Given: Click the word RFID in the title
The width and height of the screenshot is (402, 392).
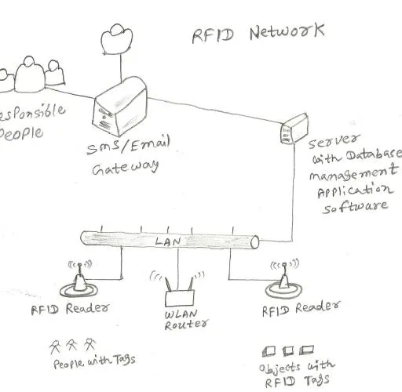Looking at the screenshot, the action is pyautogui.click(x=213, y=35).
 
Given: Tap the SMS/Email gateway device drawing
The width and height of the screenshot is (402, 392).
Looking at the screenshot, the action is pyautogui.click(x=120, y=107).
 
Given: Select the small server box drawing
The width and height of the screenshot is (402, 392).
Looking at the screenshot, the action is pyautogui.click(x=294, y=129).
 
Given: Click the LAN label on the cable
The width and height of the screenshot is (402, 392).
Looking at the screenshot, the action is pyautogui.click(x=168, y=241).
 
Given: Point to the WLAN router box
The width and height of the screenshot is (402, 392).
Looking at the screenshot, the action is pyautogui.click(x=180, y=298).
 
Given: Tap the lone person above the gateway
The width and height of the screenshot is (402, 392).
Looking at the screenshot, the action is pyautogui.click(x=117, y=39).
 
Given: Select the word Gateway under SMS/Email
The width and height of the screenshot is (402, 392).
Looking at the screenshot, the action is pyautogui.click(x=126, y=167).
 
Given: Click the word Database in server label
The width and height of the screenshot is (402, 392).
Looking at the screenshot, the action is pyautogui.click(x=374, y=154).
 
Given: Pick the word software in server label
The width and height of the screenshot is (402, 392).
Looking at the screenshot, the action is pyautogui.click(x=355, y=206).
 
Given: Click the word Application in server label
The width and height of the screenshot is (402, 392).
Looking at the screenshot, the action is pyautogui.click(x=356, y=191).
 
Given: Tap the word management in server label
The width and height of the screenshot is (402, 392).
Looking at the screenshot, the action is pyautogui.click(x=353, y=172).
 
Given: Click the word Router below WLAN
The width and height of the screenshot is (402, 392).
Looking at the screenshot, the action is pyautogui.click(x=187, y=325).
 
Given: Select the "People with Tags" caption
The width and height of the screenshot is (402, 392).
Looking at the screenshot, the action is pyautogui.click(x=94, y=361).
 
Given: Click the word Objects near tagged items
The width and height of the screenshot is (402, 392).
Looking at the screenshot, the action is pyautogui.click(x=280, y=368).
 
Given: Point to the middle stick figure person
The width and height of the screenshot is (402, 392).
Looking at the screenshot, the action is pyautogui.click(x=71, y=345).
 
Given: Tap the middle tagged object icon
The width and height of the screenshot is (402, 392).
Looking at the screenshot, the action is pyautogui.click(x=288, y=351).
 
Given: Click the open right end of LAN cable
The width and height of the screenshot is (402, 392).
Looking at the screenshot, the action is pyautogui.click(x=255, y=242).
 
